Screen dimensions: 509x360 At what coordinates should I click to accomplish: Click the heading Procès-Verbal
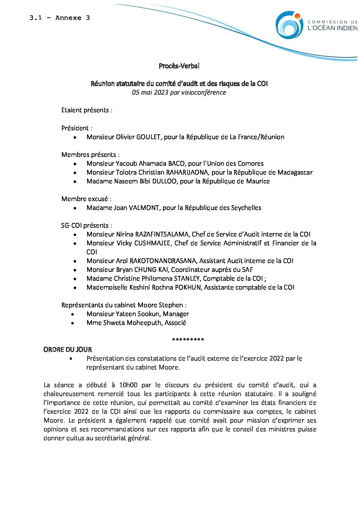pos(179,66)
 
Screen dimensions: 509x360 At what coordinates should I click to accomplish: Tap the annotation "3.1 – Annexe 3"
pos(60,18)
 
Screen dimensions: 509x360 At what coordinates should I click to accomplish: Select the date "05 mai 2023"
pos(150,93)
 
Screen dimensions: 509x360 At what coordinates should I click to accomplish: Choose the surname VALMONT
pos(144,208)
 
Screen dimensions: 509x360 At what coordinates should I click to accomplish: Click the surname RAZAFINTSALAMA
pos(162,234)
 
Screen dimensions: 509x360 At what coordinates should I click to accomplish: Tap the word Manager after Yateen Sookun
pos(176,314)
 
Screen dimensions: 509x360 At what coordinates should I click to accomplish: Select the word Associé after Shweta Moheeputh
pos(175,323)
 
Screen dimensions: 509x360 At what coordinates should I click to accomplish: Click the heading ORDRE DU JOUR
pos(68,350)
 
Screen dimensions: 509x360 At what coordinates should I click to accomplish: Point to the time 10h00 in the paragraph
pos(128,385)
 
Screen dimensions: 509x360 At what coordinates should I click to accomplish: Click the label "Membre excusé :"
pos(86,199)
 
